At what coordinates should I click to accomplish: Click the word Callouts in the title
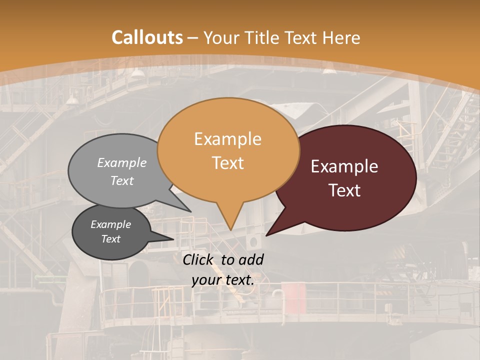point(147,37)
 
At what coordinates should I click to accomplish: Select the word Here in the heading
point(341,37)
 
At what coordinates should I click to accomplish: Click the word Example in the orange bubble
point(227,139)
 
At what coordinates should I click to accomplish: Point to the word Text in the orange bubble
point(227,163)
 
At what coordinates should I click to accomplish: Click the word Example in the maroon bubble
point(344,166)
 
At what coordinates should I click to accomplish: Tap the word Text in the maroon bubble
point(344,190)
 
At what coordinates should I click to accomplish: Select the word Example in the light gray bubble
point(122,162)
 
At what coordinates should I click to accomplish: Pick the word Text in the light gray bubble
point(122,180)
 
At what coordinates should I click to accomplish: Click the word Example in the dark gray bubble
point(110,224)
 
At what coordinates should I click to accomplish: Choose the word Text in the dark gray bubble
point(110,239)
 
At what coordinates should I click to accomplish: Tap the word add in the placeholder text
point(251,259)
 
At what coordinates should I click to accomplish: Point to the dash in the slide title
point(193,38)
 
